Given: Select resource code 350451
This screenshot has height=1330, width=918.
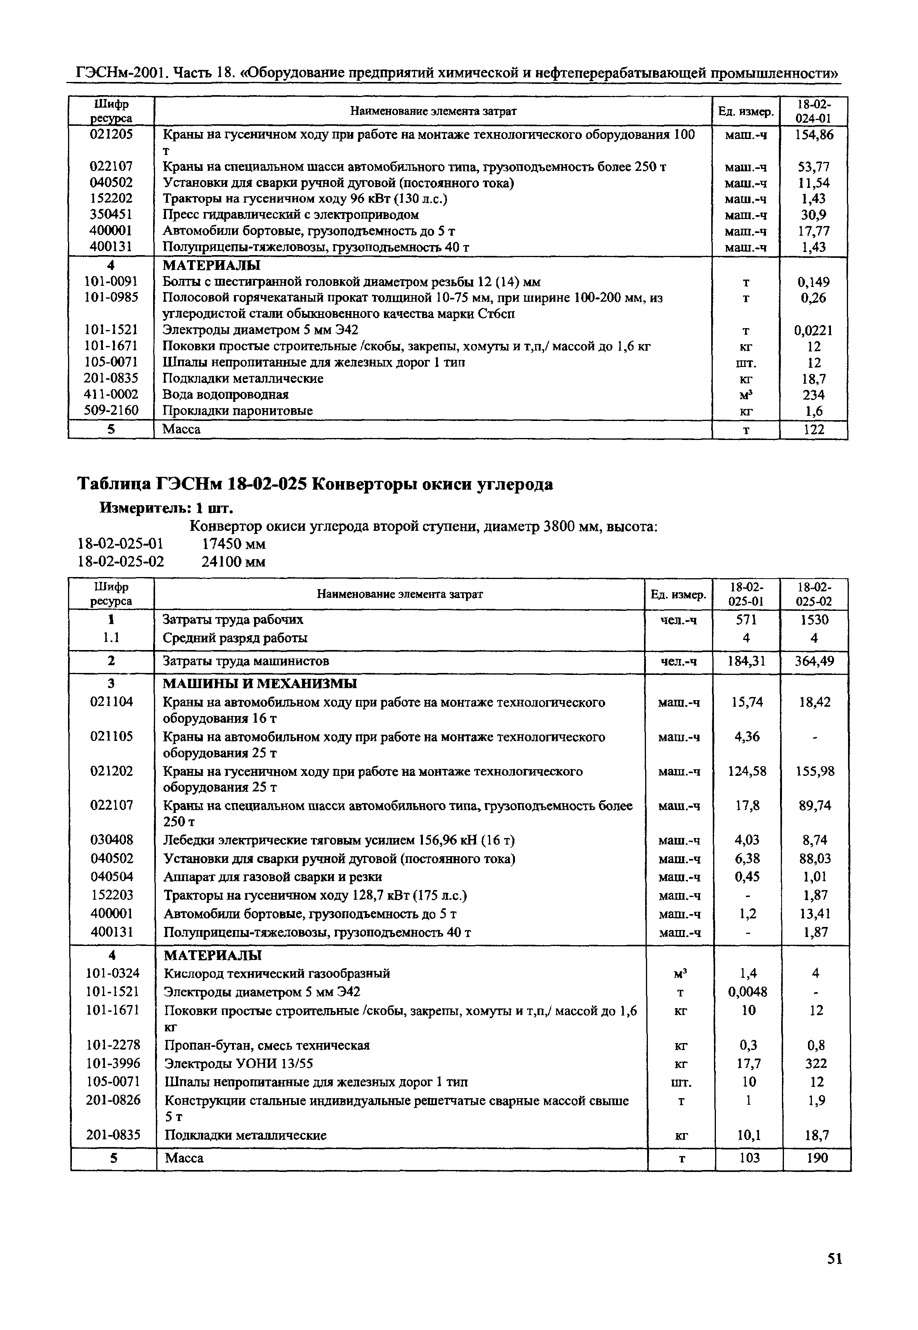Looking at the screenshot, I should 111,214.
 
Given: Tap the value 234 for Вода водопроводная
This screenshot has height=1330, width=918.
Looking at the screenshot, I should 813,395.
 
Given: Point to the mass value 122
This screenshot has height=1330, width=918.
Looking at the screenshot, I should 813,429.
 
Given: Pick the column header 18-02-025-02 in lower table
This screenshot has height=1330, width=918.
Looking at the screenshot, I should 815,594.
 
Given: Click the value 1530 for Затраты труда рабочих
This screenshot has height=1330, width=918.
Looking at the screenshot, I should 815,620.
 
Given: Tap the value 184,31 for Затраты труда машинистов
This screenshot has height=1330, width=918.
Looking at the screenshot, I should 747,662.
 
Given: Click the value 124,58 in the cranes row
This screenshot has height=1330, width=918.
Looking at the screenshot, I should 747,771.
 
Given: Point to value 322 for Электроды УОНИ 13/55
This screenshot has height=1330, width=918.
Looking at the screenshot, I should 816,1063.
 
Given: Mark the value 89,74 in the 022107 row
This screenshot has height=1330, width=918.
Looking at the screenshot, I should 815,806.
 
